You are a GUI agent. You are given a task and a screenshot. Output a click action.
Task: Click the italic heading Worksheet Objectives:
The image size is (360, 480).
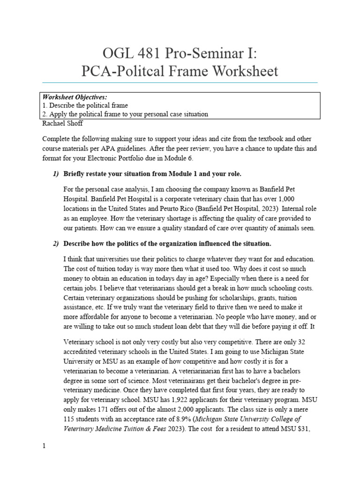(x=75, y=97)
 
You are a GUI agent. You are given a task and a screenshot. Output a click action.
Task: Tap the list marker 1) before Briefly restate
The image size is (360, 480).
(x=56, y=174)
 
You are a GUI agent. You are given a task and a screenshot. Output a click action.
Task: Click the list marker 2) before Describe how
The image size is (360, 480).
(x=56, y=244)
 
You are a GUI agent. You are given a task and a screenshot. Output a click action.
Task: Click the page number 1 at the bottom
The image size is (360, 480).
(x=44, y=446)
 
